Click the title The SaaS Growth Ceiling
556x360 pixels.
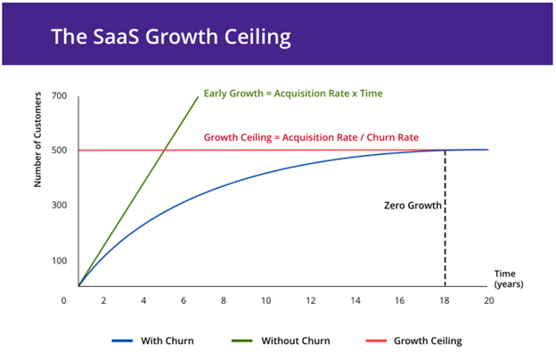pyautogui.click(x=170, y=37)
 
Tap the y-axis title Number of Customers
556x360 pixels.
pyautogui.click(x=39, y=146)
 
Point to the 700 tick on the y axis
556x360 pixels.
pyautogui.click(x=60, y=95)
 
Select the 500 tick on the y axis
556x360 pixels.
pyautogui.click(x=60, y=150)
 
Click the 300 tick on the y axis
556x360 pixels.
pyautogui.click(x=60, y=205)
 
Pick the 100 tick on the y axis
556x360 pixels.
pyautogui.click(x=60, y=260)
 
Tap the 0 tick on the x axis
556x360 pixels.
pyautogui.click(x=64, y=301)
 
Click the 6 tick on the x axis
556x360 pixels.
pyautogui.click(x=184, y=301)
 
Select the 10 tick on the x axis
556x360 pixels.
pyautogui.click(x=266, y=301)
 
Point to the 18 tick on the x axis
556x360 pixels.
pyautogui.click(x=445, y=301)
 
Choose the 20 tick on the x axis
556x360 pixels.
pyautogui.click(x=487, y=301)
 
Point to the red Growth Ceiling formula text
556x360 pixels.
pyautogui.click(x=311, y=138)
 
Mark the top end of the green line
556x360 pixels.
pyautogui.click(x=197, y=96)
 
